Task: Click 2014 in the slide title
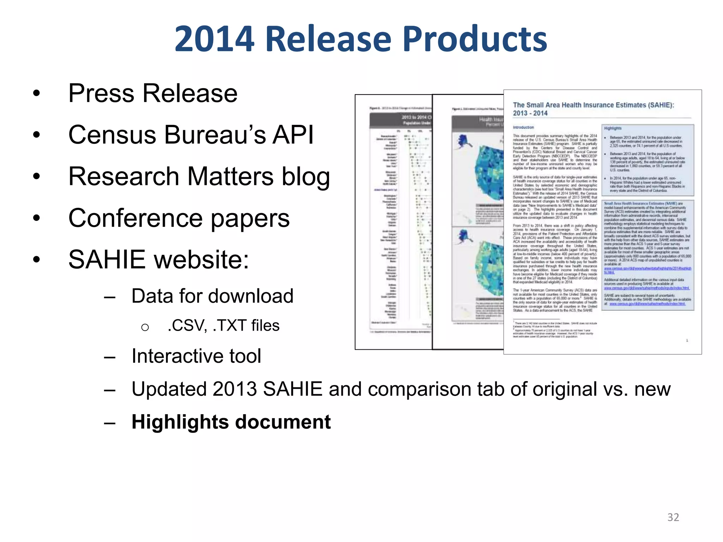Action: (214, 39)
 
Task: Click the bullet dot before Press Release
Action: (36, 94)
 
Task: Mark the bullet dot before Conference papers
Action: (36, 218)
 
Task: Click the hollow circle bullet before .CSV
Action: (145, 327)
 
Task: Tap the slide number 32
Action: (673, 517)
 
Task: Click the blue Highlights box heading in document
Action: (613, 128)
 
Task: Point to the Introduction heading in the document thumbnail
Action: (523, 127)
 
